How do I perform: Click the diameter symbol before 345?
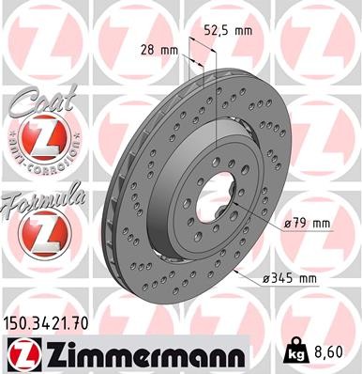click(x=268, y=279)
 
